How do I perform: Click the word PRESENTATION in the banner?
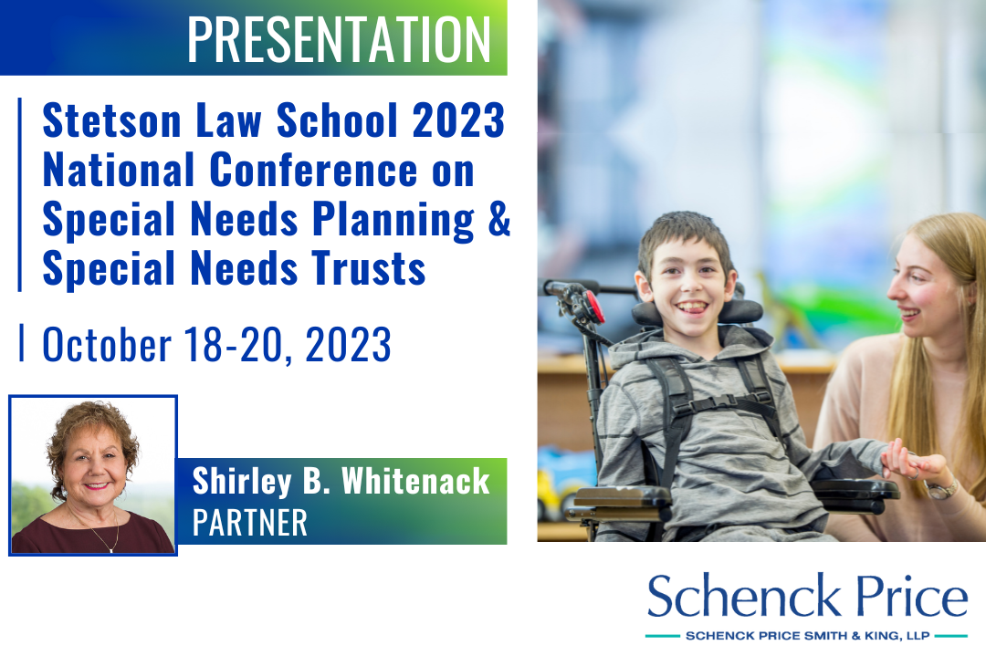point(339,39)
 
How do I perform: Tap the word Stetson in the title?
point(112,120)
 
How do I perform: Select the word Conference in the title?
point(313,170)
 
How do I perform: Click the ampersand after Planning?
point(499,219)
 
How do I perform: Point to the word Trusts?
point(369,268)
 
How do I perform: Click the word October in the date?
point(107,344)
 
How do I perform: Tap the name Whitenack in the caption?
point(415,482)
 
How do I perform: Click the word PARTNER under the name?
point(249,523)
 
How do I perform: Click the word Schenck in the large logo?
point(744,596)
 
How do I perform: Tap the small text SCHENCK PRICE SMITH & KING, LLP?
point(807,636)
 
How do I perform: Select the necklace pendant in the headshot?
point(111,550)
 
